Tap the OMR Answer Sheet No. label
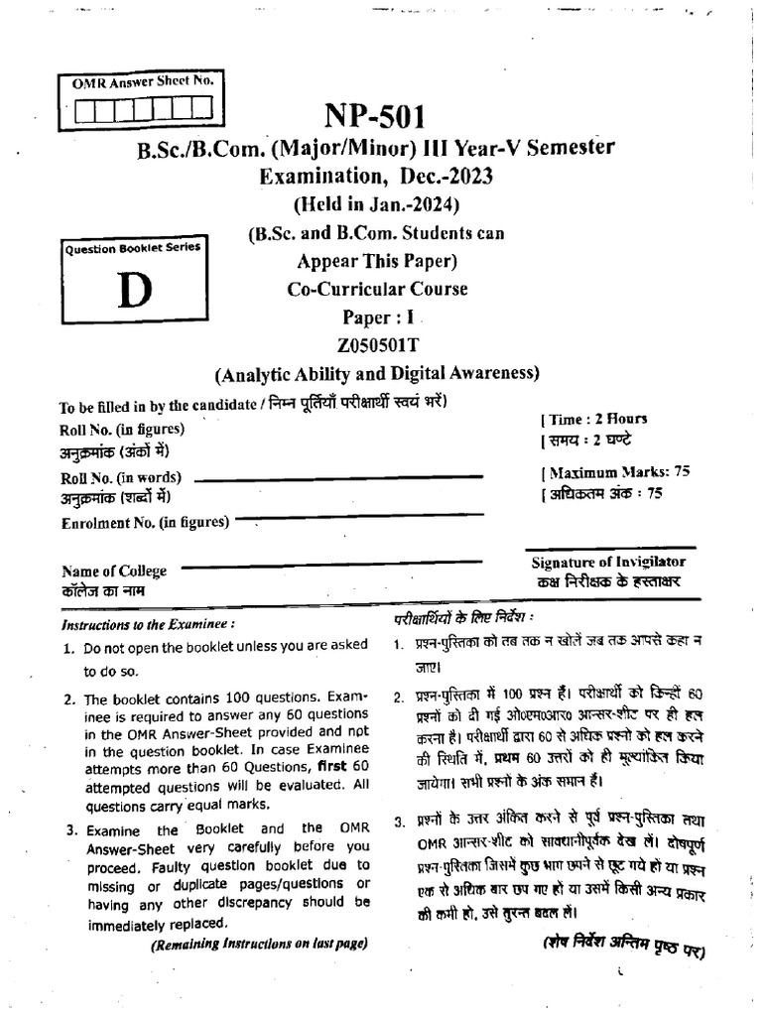click(142, 83)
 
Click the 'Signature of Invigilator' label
click(608, 562)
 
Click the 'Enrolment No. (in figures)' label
click(145, 522)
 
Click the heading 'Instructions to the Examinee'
click(148, 625)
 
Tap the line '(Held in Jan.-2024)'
click(375, 205)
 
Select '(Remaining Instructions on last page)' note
click(259, 945)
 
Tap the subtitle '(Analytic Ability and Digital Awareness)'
click(375, 374)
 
